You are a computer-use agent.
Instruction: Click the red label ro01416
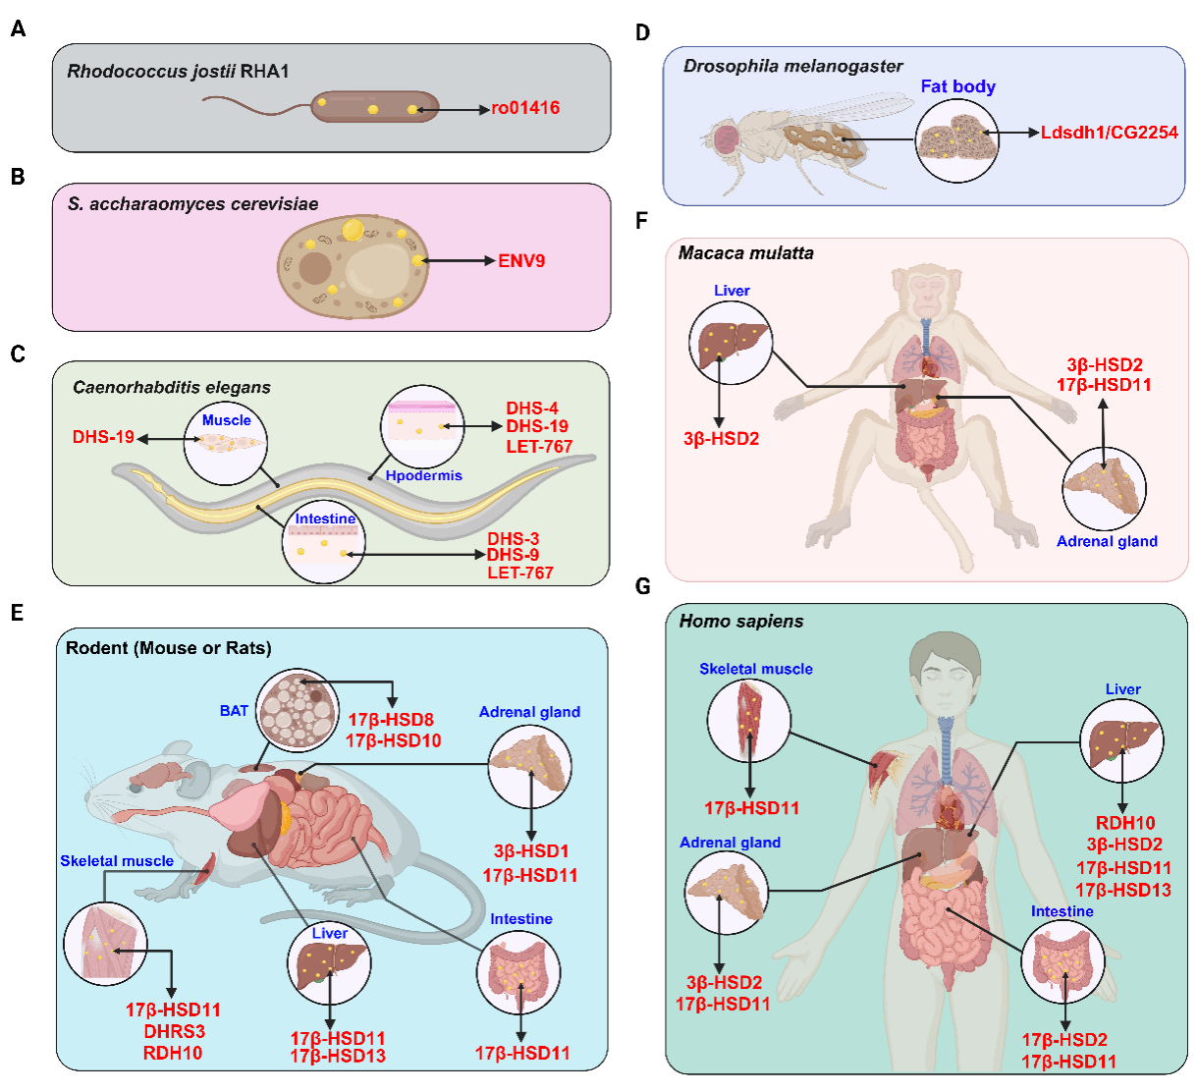[525, 108]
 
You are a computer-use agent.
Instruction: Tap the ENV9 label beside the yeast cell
[521, 261]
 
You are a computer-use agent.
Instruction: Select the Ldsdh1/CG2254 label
[1109, 133]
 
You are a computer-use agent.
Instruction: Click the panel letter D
[643, 33]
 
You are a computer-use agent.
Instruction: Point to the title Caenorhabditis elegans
[172, 388]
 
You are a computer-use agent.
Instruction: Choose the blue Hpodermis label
[423, 475]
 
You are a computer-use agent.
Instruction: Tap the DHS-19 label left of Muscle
[103, 437]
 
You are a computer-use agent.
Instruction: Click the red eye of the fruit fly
[727, 138]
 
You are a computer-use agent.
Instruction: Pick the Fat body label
[957, 86]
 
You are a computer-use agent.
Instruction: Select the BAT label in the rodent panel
[234, 710]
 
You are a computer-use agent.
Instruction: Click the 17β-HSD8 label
[390, 720]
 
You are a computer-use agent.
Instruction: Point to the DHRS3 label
[174, 1031]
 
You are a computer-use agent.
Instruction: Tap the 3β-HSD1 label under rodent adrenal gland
[530, 851]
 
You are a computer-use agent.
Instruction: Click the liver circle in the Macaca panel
[731, 343]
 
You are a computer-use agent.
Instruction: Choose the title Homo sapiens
[740, 622]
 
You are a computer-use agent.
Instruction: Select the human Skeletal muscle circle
[749, 720]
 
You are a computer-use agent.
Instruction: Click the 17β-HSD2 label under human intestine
[1063, 1040]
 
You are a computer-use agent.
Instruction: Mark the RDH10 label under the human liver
[1124, 823]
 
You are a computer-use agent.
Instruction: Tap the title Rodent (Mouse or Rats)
[168, 648]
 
